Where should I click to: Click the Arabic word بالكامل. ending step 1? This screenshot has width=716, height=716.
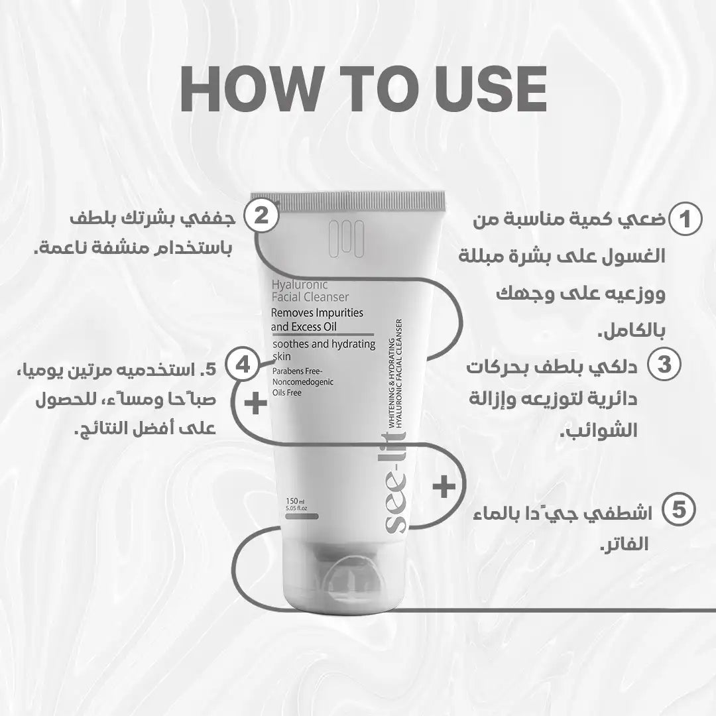click(x=632, y=331)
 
